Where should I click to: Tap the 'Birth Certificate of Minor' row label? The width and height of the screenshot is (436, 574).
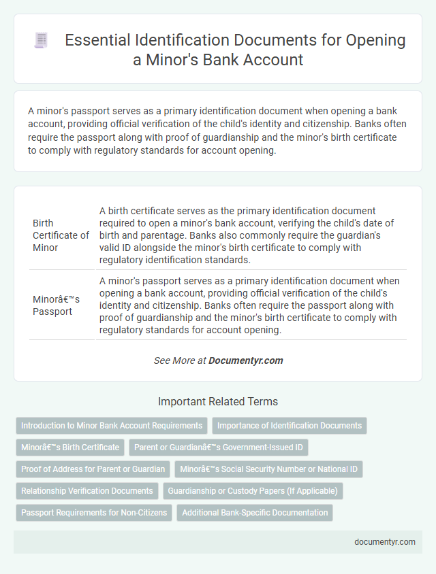[61, 235]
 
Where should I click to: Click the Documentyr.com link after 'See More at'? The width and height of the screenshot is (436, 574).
[246, 360]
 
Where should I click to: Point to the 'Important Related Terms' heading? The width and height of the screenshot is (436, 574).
[218, 401]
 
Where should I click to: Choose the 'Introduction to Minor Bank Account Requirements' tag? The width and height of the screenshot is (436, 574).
[112, 426]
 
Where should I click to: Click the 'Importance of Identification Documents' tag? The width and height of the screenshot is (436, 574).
[290, 426]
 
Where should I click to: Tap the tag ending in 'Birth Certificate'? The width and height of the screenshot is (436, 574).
[69, 448]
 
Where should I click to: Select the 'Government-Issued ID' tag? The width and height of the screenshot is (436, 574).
[219, 448]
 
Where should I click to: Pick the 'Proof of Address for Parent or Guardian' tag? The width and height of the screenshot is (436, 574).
[93, 469]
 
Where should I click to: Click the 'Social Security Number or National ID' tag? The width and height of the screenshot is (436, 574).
[269, 469]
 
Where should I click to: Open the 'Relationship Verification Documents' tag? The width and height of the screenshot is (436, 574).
[87, 491]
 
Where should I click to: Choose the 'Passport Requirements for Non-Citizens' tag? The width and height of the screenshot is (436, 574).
[94, 513]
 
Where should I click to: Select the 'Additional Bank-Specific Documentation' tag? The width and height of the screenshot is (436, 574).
[255, 513]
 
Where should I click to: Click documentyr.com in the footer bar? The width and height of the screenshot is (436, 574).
[384, 542]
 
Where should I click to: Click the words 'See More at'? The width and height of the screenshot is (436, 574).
[179, 360]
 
